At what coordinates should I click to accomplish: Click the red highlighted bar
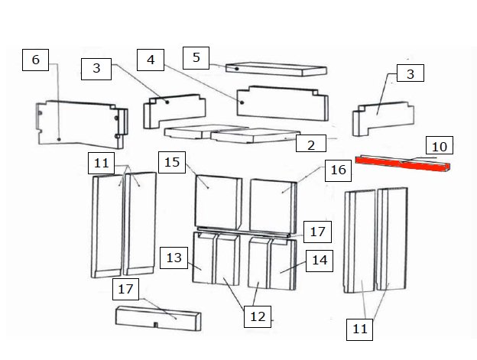coord(403,164)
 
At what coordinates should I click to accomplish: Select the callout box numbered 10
coord(440,145)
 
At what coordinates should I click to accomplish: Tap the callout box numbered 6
coord(36,60)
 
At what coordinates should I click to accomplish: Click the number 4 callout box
coord(151,60)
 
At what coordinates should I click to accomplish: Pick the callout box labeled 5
coord(196,58)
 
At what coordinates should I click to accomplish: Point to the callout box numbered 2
coord(311,144)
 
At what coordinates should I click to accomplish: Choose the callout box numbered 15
coord(172,162)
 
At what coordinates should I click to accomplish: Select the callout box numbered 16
coord(339,170)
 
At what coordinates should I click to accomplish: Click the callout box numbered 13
coord(174,258)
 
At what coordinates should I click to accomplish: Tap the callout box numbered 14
coord(320,261)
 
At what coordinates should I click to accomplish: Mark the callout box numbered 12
coord(258,317)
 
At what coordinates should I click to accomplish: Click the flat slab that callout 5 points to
coord(276,69)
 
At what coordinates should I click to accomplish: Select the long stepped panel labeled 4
coord(283,103)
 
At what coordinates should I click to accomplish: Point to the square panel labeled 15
coord(218,203)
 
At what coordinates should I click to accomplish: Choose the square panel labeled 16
coord(273,206)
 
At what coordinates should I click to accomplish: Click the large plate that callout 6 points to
coord(82,125)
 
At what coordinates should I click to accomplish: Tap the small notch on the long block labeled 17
coord(155,325)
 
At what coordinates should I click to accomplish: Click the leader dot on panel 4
coord(242,102)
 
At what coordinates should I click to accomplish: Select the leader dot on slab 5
coord(237,69)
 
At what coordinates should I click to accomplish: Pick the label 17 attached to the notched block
coord(125,289)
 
